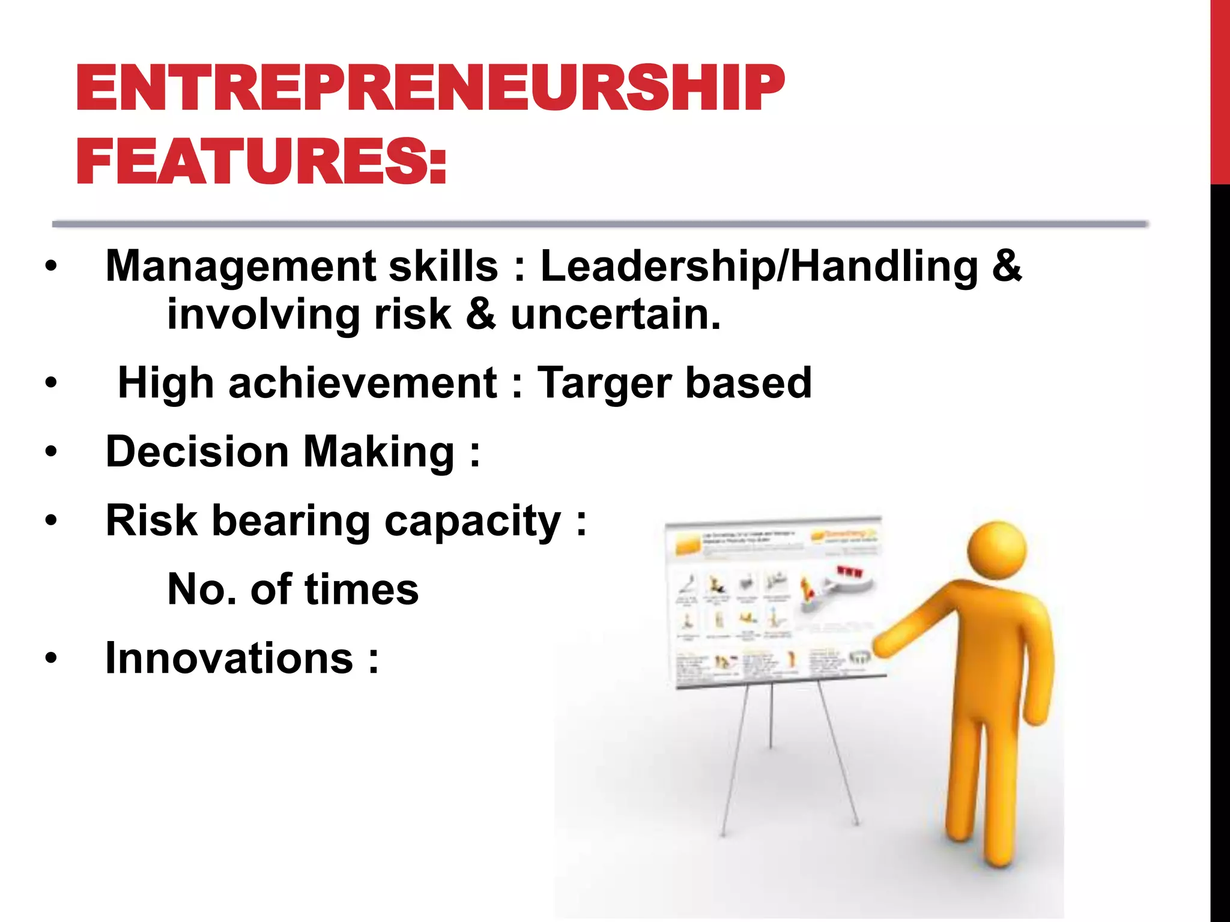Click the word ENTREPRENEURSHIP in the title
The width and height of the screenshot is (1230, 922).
coord(430,89)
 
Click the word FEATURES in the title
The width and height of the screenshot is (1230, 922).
coord(252,161)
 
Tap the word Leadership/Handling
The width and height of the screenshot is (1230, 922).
coord(759,267)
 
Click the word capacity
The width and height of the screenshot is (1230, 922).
coord(472,521)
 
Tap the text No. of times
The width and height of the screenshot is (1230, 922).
coord(292,589)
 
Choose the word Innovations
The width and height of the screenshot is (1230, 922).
coord(229,658)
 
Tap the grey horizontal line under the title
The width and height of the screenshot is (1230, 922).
coord(601,224)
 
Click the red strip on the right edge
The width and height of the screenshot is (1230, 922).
coord(1220,90)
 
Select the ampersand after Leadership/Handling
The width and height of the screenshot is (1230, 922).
coord(1007,267)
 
